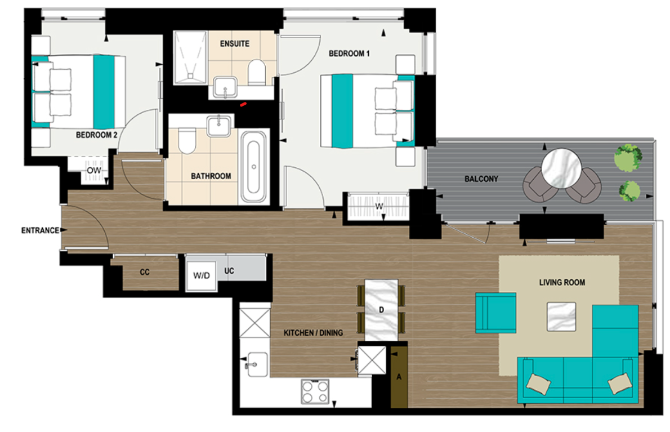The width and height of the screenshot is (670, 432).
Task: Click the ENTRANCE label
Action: (x=40, y=230)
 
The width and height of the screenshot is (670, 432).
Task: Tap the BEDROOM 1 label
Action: (x=349, y=54)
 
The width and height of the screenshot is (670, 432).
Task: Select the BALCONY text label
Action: (x=481, y=179)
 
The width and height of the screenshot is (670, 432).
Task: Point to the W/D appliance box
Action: (x=201, y=276)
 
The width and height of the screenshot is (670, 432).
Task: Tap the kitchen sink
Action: (x=254, y=362)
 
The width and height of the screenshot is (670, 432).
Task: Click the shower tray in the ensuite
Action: (x=191, y=58)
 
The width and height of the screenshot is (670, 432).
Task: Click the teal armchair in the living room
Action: (x=495, y=313)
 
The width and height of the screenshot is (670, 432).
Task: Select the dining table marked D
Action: (x=381, y=310)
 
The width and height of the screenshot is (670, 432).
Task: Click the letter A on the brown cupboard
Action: (x=399, y=377)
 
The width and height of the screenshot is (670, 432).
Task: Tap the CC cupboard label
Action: (x=145, y=271)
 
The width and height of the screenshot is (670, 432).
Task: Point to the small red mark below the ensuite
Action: (x=243, y=104)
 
